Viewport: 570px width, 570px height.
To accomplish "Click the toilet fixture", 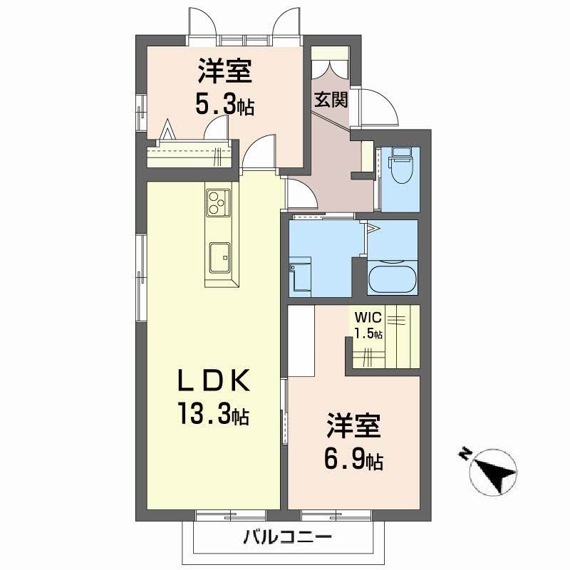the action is click(x=400, y=165).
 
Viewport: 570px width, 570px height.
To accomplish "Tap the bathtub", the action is click(x=393, y=279).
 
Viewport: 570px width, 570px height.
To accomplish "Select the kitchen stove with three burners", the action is click(x=218, y=202).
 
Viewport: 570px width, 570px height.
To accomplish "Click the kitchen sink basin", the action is click(x=219, y=257).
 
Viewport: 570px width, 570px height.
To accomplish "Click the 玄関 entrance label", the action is click(x=331, y=99).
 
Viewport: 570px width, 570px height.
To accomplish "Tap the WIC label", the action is click(x=368, y=317).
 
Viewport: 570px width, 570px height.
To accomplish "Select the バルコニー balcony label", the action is click(x=288, y=537).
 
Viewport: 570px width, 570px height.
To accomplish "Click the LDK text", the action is click(x=214, y=380).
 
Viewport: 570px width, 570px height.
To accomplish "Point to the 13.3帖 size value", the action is click(x=214, y=413).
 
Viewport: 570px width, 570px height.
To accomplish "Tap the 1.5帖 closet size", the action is click(x=368, y=333).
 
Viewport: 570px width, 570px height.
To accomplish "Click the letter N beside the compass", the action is click(x=464, y=453).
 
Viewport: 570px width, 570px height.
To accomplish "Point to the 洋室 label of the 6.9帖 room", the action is click(x=353, y=425).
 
